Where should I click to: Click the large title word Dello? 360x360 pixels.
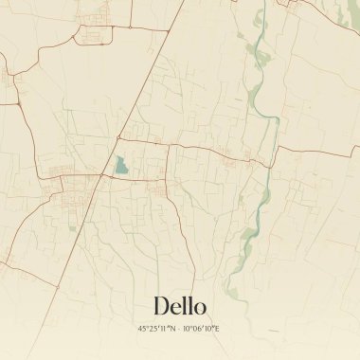coord(179,305)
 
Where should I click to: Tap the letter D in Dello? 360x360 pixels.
coord(161,305)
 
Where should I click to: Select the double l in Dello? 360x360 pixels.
coord(186,305)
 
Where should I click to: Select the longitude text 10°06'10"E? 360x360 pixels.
coord(201,328)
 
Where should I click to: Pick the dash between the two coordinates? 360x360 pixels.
coord(179,328)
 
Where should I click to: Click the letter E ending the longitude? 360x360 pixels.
coord(216,328)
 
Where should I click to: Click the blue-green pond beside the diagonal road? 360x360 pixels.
coord(120,166)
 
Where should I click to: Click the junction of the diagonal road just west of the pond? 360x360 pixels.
coord(103,174)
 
